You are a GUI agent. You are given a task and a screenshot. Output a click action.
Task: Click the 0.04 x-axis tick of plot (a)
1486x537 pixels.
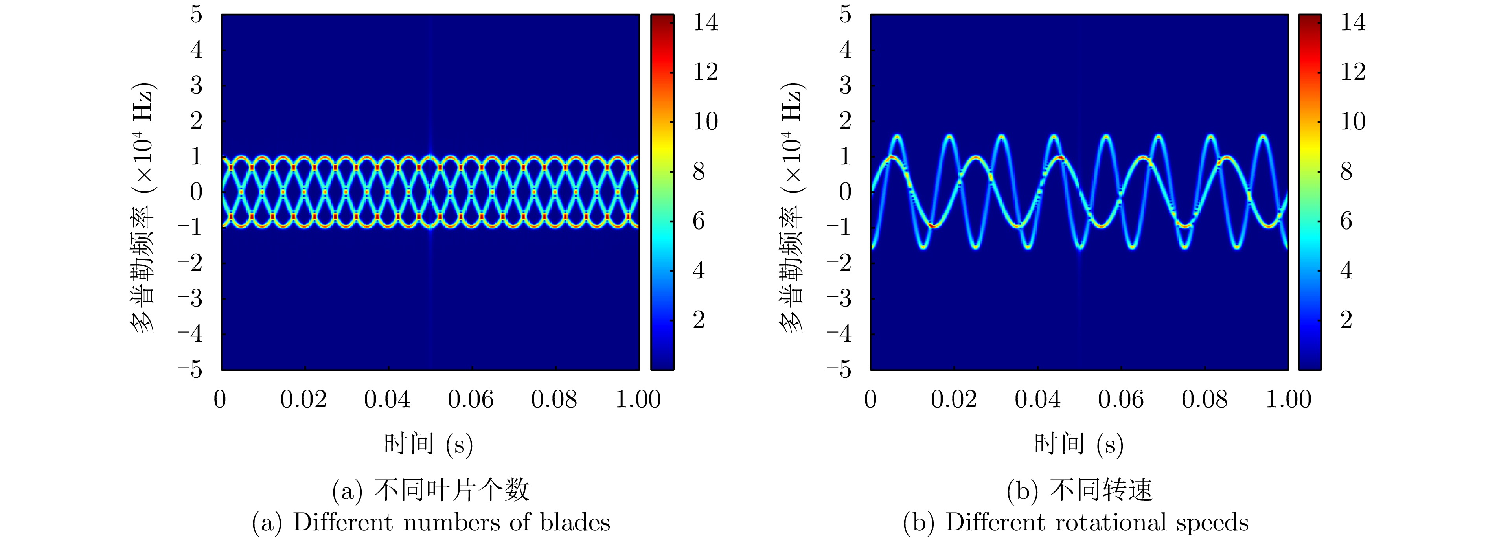click(387, 399)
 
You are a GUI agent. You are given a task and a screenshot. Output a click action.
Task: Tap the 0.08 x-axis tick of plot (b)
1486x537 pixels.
click(1205, 399)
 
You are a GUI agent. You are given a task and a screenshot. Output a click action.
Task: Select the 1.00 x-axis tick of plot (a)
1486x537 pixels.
click(637, 399)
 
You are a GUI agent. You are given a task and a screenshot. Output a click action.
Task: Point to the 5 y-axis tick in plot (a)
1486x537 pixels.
click(197, 15)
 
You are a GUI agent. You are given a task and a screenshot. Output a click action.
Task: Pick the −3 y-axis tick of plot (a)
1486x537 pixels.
click(190, 298)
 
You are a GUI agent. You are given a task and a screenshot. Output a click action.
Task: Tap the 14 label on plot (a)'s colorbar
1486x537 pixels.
click(705, 22)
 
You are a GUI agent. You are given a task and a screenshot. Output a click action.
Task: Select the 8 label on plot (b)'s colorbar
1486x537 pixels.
click(1346, 171)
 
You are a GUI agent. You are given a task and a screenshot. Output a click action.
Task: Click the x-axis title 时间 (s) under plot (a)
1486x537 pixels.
click(429, 444)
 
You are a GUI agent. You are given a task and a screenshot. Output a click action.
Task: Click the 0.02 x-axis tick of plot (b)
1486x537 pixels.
click(954, 399)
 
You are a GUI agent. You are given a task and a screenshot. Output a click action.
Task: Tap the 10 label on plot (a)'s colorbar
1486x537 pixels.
click(705, 122)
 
